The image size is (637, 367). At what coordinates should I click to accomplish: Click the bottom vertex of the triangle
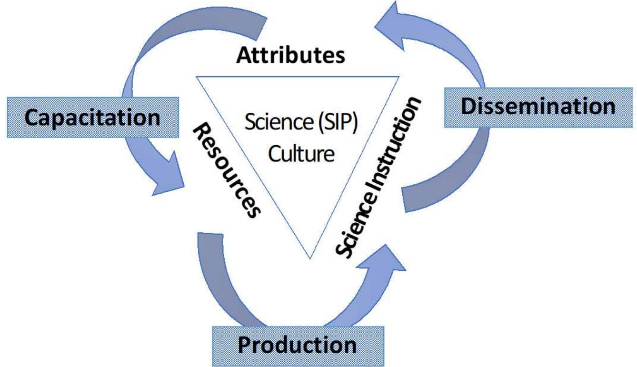310,258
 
